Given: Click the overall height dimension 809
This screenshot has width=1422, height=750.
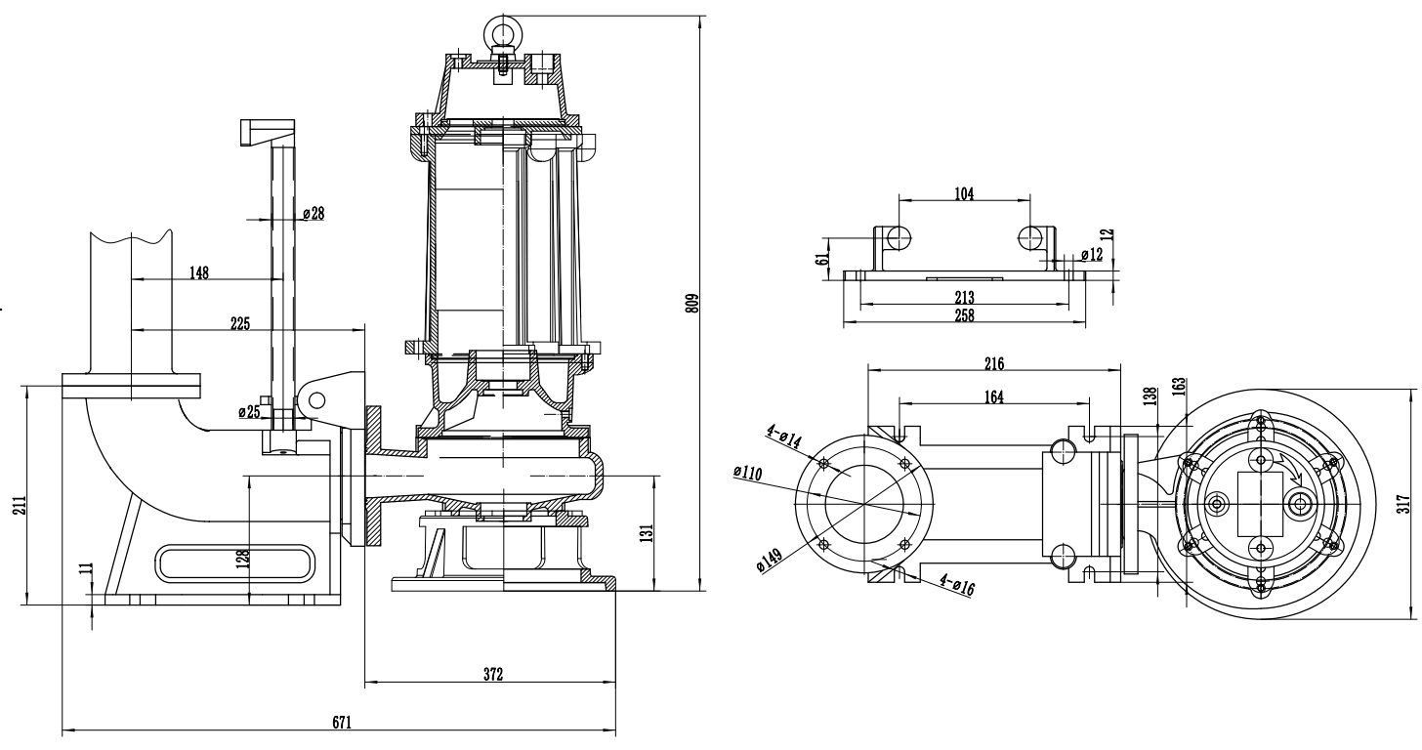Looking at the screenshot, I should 692,302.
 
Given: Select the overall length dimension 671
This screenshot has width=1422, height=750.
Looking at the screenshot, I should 340,723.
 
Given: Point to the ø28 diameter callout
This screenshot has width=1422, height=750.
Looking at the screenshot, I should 313,214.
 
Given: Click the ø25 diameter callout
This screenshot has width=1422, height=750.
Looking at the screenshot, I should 249,412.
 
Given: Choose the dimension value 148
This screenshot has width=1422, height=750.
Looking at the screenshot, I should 198,273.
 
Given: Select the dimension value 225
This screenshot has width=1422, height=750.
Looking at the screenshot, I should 238,324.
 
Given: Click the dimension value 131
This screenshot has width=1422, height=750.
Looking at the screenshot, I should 646,532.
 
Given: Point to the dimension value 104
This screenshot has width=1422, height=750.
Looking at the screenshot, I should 964,193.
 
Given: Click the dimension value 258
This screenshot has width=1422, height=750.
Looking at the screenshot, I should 964,313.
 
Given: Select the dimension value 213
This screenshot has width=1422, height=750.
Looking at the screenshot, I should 964,297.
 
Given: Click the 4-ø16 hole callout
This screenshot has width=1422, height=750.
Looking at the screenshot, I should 957,585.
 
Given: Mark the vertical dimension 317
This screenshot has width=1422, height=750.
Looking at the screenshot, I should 1403,502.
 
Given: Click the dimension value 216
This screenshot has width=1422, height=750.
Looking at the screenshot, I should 993,363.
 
